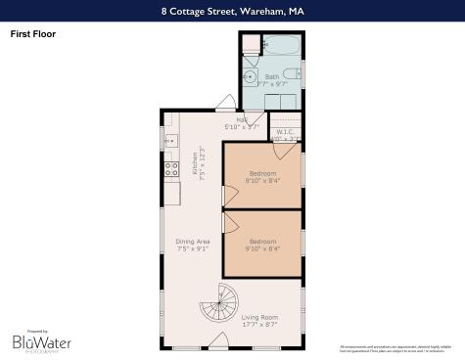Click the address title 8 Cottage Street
[x=232, y=13]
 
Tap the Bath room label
[x=271, y=76]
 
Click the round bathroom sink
[x=250, y=75]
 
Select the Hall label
[x=241, y=119]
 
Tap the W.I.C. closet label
[x=286, y=132]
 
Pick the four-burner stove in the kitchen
[x=170, y=167]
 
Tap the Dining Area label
[x=193, y=241]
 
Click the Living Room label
[x=260, y=317]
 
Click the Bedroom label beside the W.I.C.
[x=261, y=172]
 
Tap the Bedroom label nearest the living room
[x=261, y=241]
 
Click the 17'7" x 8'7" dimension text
[x=260, y=325]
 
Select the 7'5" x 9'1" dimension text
[x=193, y=249]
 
